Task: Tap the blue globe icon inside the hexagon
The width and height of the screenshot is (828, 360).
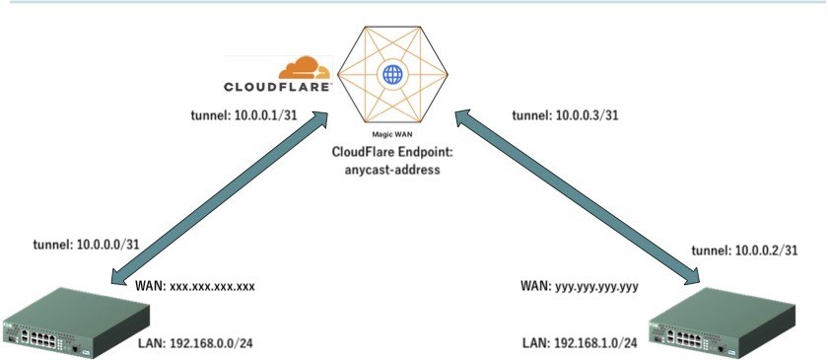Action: pos(392,75)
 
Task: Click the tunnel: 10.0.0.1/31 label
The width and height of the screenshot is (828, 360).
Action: pos(244,114)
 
